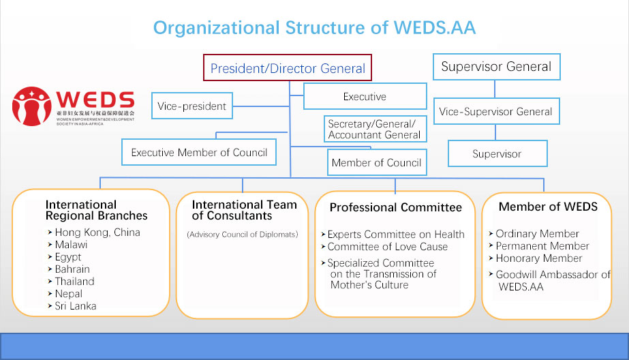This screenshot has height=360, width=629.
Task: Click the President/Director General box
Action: [x=288, y=69]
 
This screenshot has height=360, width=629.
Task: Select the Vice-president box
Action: [x=191, y=106]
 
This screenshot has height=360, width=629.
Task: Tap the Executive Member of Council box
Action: [x=199, y=153]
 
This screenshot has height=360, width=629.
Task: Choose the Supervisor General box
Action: [x=496, y=67]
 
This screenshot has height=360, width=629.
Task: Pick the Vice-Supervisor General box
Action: [x=495, y=112]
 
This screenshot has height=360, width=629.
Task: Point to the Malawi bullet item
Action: [x=71, y=245]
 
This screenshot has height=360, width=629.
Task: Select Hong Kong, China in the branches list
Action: [x=97, y=232]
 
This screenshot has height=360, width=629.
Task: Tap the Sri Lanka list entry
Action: [x=76, y=306]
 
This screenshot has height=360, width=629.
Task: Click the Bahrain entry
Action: [x=74, y=269]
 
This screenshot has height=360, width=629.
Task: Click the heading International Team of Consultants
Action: [x=244, y=210]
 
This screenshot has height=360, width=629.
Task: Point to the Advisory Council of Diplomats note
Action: [x=243, y=235]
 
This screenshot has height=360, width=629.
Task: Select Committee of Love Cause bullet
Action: [x=387, y=247]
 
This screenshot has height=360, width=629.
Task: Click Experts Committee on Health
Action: [x=395, y=235]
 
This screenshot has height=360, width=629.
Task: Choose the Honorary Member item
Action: [x=538, y=258]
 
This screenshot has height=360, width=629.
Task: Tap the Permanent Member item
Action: [x=542, y=246]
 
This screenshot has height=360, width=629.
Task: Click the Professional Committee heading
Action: [x=395, y=207]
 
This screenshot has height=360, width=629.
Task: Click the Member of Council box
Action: [x=376, y=163]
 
